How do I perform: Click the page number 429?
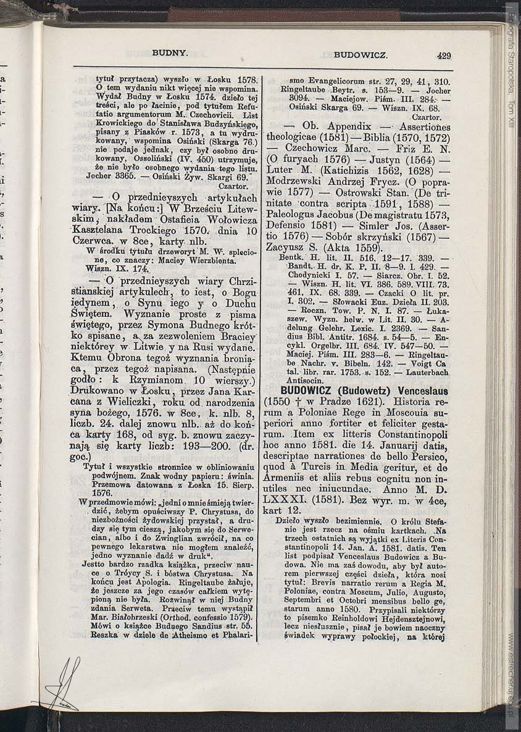(444, 56)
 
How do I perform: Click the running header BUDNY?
(170, 54)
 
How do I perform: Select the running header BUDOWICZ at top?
(361, 56)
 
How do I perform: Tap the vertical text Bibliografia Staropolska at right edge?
(511, 56)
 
